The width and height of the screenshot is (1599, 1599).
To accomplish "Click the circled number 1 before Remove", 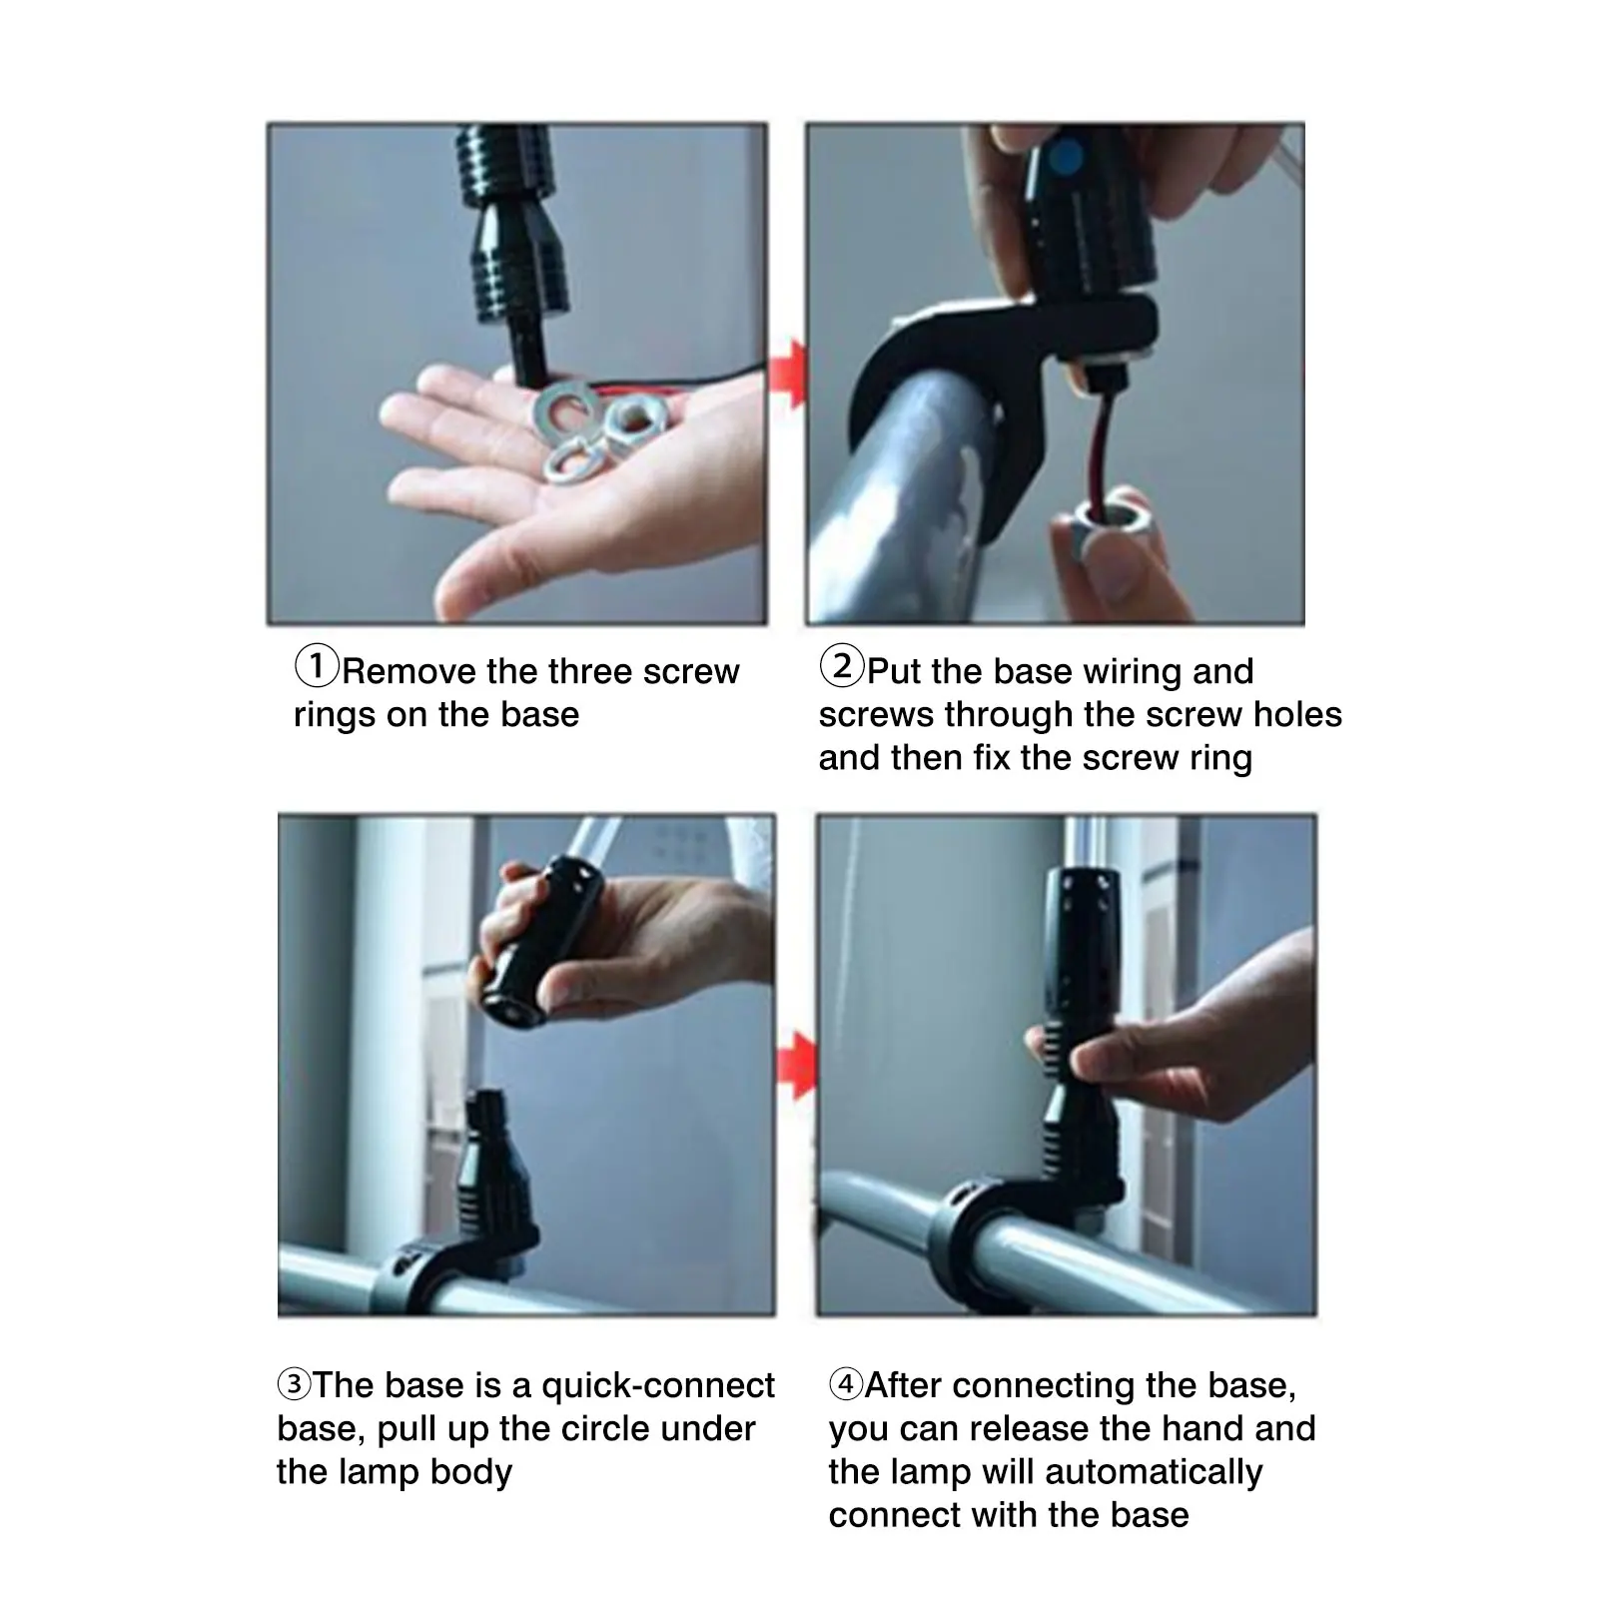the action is coord(317,666).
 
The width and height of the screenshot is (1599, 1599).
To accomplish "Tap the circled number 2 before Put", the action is coord(841,666).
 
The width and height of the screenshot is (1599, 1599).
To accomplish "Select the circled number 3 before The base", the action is coord(294,1384).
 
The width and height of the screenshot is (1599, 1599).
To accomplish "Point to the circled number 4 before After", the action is coord(846,1384).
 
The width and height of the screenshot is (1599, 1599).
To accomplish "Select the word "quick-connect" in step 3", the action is coord(658,1385).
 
